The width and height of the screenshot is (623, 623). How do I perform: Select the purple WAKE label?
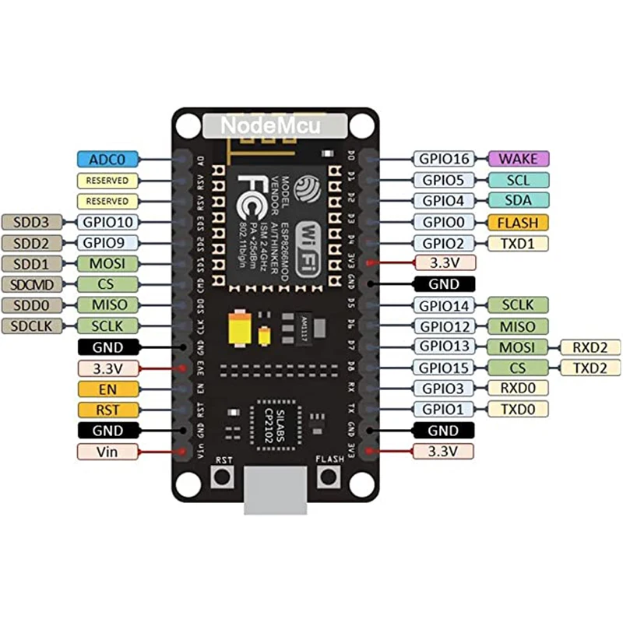pyautogui.click(x=518, y=159)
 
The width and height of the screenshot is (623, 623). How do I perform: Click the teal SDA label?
pyautogui.click(x=518, y=201)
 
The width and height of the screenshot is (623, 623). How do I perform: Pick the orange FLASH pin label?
pyautogui.click(x=518, y=222)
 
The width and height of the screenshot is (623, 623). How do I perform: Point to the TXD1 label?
pyautogui.click(x=518, y=243)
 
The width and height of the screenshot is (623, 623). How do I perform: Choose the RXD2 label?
pyautogui.click(x=590, y=347)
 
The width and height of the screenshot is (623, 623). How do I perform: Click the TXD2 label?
pyautogui.click(x=590, y=368)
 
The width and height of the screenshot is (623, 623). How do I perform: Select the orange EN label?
pyautogui.click(x=107, y=389)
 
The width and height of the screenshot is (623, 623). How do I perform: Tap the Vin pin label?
pyautogui.click(x=107, y=451)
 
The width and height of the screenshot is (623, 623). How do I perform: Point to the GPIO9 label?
pyautogui.click(x=107, y=243)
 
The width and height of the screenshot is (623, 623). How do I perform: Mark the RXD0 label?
pyautogui.click(x=518, y=389)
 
